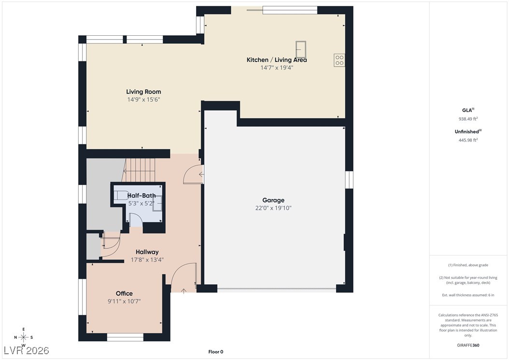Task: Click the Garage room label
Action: click(273, 200)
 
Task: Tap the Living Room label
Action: click(143, 92)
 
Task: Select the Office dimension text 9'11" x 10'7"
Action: click(124, 301)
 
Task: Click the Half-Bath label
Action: click(141, 196)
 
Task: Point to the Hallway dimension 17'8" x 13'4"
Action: click(147, 259)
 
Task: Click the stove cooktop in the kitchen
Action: click(339, 60)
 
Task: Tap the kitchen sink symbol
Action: click(300, 49)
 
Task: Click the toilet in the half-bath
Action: click(121, 195)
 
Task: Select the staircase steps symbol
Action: click(139, 170)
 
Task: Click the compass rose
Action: click(23, 337)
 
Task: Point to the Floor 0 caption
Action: click(215, 352)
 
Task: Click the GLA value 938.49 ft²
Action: click(468, 119)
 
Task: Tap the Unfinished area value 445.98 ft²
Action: click(468, 140)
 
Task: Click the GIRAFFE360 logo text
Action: click(468, 345)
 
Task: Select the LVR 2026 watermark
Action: click(26, 350)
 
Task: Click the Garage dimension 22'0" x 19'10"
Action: click(273, 208)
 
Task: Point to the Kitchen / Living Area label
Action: click(277, 60)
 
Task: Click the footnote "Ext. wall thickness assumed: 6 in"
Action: click(468, 295)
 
